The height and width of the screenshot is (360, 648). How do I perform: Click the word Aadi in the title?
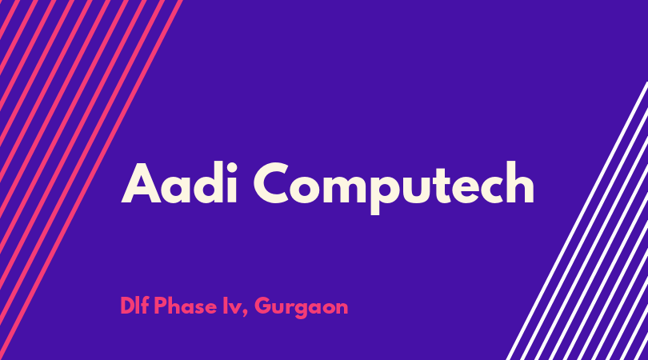[x=179, y=182]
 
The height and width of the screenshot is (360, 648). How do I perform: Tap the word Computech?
[x=394, y=188]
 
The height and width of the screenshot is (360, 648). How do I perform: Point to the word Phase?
[x=185, y=306]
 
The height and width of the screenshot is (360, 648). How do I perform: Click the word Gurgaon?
[x=302, y=307]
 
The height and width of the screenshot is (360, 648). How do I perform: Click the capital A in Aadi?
[x=141, y=183]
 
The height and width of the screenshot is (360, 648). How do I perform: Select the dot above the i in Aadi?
[x=231, y=168]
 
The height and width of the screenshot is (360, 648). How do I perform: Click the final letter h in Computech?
[x=520, y=182]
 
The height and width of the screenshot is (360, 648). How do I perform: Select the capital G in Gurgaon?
[x=263, y=306]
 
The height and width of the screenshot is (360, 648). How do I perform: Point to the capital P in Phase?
[x=160, y=306]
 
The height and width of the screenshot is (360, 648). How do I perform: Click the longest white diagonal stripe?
[x=577, y=221]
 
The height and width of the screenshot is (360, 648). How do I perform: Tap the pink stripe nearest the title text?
[x=90, y=180]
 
